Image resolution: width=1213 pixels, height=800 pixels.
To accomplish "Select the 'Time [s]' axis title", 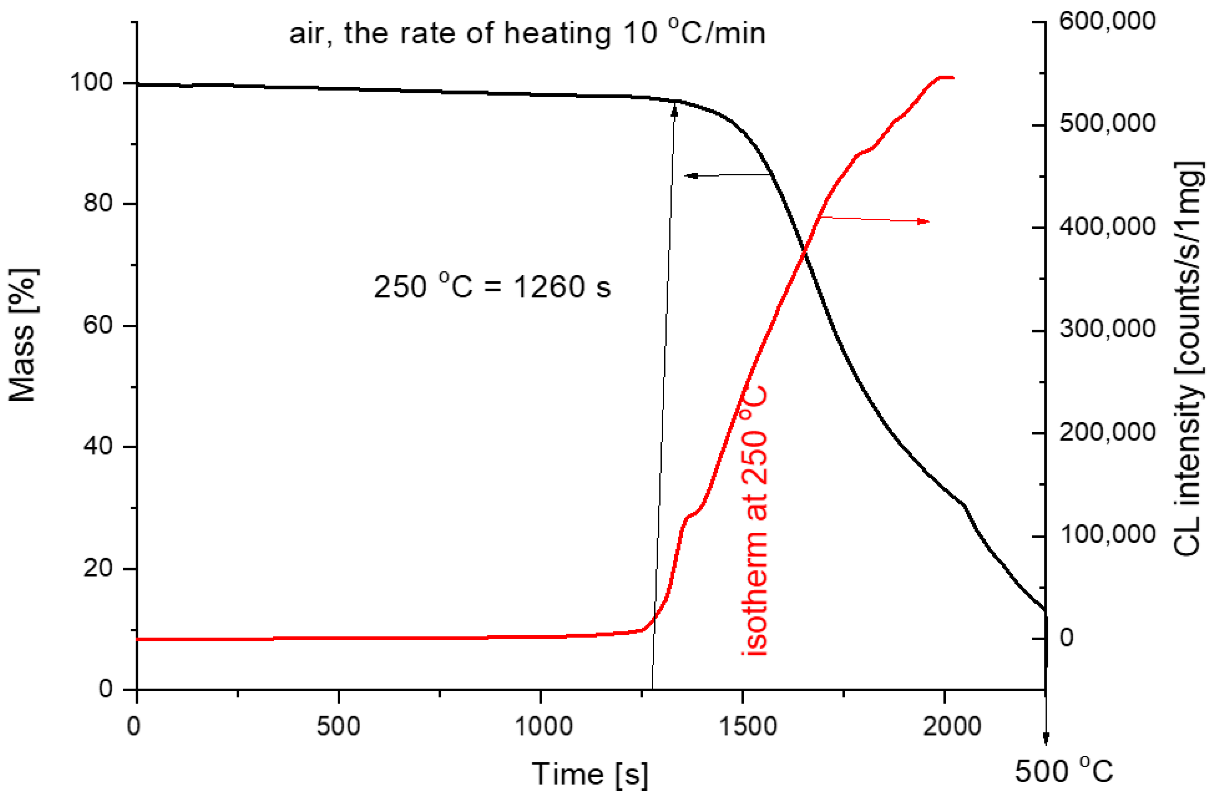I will tap(590, 774).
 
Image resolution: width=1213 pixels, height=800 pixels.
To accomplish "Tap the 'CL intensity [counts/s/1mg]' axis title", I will tap(1189, 359).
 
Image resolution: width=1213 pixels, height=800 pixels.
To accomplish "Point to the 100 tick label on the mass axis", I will tap(91, 82).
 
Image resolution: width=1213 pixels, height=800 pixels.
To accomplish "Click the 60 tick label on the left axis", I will tap(97, 324).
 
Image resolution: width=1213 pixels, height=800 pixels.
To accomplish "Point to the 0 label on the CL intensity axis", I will tap(1066, 638).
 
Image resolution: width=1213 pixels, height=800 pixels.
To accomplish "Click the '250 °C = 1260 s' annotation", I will tap(492, 287).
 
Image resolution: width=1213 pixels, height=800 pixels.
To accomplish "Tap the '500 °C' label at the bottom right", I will tap(1064, 771).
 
